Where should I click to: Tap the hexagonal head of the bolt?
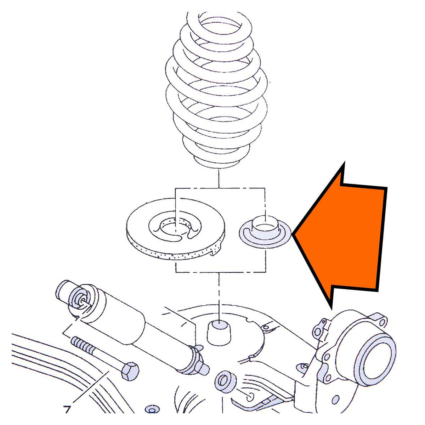pos(130,371)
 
